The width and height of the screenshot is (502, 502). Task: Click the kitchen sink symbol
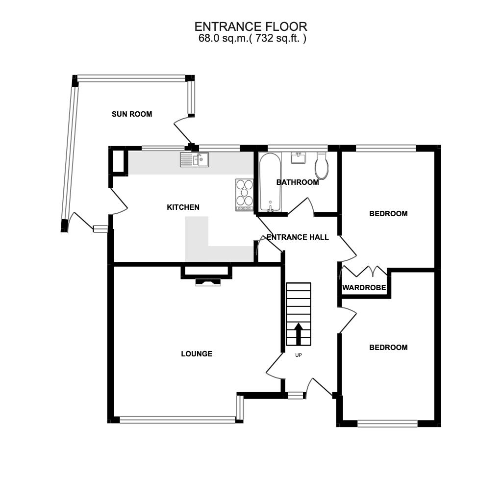click(194, 159)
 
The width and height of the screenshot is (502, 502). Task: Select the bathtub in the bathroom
click(270, 182)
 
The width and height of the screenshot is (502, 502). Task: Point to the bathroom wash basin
click(299, 157)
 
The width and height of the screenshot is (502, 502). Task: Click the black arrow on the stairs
click(298, 331)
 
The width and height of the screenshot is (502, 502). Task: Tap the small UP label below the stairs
click(299, 355)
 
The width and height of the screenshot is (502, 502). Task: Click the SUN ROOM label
click(132, 114)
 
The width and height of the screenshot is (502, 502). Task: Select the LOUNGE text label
click(197, 354)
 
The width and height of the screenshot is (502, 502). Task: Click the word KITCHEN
click(183, 207)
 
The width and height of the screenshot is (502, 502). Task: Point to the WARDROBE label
click(364, 288)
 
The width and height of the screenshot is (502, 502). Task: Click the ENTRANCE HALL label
click(298, 237)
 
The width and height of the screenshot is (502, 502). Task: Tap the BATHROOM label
click(298, 182)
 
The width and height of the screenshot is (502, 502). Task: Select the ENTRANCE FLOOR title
click(251, 26)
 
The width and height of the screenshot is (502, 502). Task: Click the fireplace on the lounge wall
click(208, 281)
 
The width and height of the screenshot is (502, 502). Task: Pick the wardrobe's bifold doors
click(365, 271)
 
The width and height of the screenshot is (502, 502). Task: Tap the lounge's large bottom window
click(177, 420)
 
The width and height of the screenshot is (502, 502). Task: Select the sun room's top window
click(131, 78)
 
